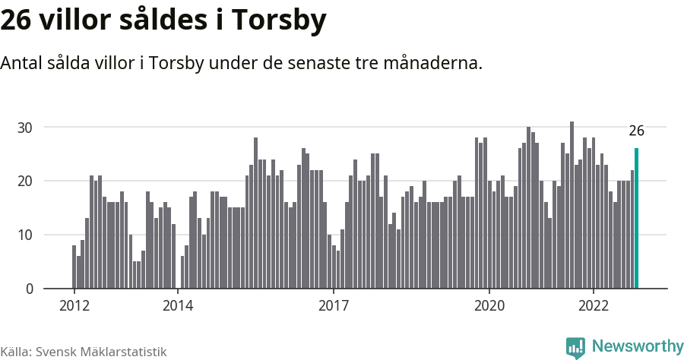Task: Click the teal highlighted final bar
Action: [x=637, y=219]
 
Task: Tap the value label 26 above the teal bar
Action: [x=637, y=131]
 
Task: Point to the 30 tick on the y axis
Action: [x=26, y=128]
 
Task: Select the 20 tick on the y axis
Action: [x=26, y=182]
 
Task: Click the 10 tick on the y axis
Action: [x=26, y=235]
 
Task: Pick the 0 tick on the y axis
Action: [x=30, y=289]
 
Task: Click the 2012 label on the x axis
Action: [x=74, y=306]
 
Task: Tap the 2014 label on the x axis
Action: [x=178, y=306]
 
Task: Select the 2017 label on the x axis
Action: [x=334, y=306]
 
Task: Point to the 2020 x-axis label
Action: [x=489, y=306]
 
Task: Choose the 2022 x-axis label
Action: [x=594, y=306]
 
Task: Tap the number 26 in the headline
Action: [x=16, y=21]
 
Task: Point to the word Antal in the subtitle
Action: [x=23, y=63]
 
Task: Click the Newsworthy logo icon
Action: [x=575, y=347]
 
